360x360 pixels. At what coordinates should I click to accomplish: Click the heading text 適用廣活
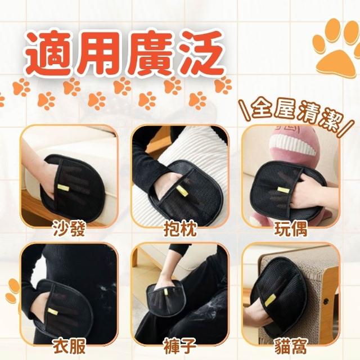pos(124,53)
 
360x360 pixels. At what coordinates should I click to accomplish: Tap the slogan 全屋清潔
pos(298,115)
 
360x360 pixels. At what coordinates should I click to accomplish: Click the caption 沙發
pos(69,229)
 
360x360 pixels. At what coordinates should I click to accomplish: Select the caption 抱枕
pos(180,229)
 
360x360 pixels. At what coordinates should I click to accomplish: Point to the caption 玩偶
pos(291,229)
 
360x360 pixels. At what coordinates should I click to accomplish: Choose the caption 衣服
pos(69,346)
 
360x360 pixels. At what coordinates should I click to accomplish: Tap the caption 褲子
pos(180,346)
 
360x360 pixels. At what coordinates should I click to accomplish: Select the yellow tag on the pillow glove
pos(181,190)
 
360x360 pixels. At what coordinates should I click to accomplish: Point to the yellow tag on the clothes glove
pos(52,311)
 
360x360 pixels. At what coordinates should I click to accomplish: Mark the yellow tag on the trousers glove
pos(166,292)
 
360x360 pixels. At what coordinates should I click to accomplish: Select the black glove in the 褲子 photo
pos(164,299)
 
